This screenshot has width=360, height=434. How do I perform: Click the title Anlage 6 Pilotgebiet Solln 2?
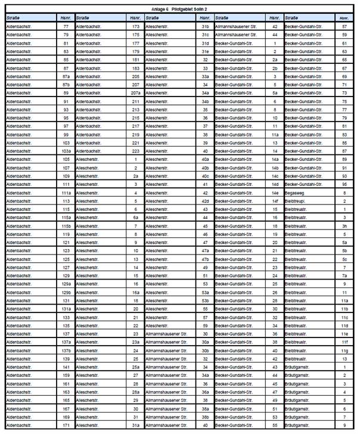[179, 10]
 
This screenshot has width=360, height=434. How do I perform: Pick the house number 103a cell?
[66, 151]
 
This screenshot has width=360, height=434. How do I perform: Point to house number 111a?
[66, 193]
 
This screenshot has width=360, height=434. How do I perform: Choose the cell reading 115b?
[66, 226]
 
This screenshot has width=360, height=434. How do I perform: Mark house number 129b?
[66, 293]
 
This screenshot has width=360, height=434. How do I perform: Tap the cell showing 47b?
[205, 259]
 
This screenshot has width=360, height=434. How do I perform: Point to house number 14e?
[275, 193]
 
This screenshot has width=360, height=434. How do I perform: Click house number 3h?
[344, 226]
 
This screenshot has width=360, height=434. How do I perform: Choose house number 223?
[135, 151]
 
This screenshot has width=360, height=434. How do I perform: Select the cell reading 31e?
[205, 51]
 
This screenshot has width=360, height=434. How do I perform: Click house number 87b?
[66, 85]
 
